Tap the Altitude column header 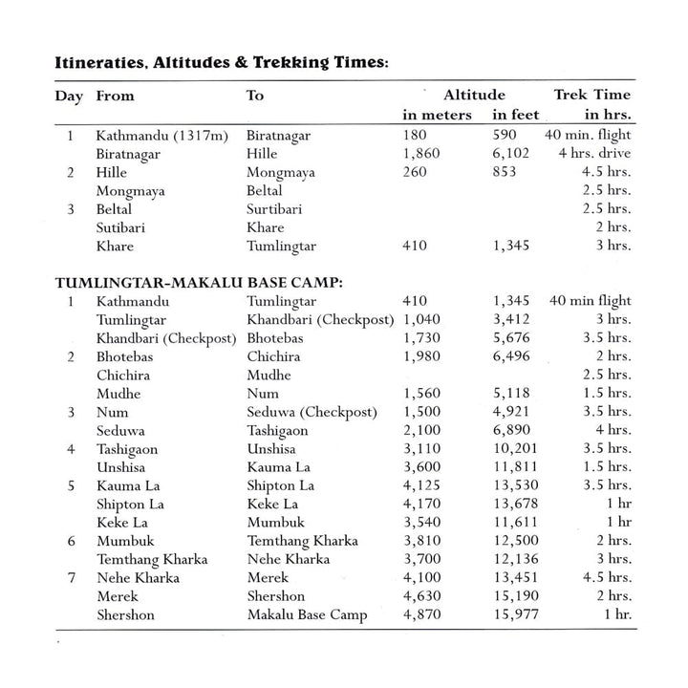click(x=474, y=95)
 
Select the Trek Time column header click(x=592, y=95)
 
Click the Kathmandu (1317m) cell click(x=161, y=136)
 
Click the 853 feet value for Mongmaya click(x=505, y=172)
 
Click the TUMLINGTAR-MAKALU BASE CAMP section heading click(x=200, y=283)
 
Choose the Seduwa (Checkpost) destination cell click(x=312, y=412)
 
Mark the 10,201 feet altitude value click(x=517, y=449)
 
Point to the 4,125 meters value click(x=423, y=485)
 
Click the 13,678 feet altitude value click(x=517, y=505)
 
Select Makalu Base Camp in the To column click(x=308, y=615)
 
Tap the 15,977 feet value click(x=517, y=615)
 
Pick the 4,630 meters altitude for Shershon click(x=423, y=596)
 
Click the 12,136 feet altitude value click(x=517, y=560)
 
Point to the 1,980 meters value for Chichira click(x=423, y=356)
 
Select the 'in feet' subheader click(x=516, y=115)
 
